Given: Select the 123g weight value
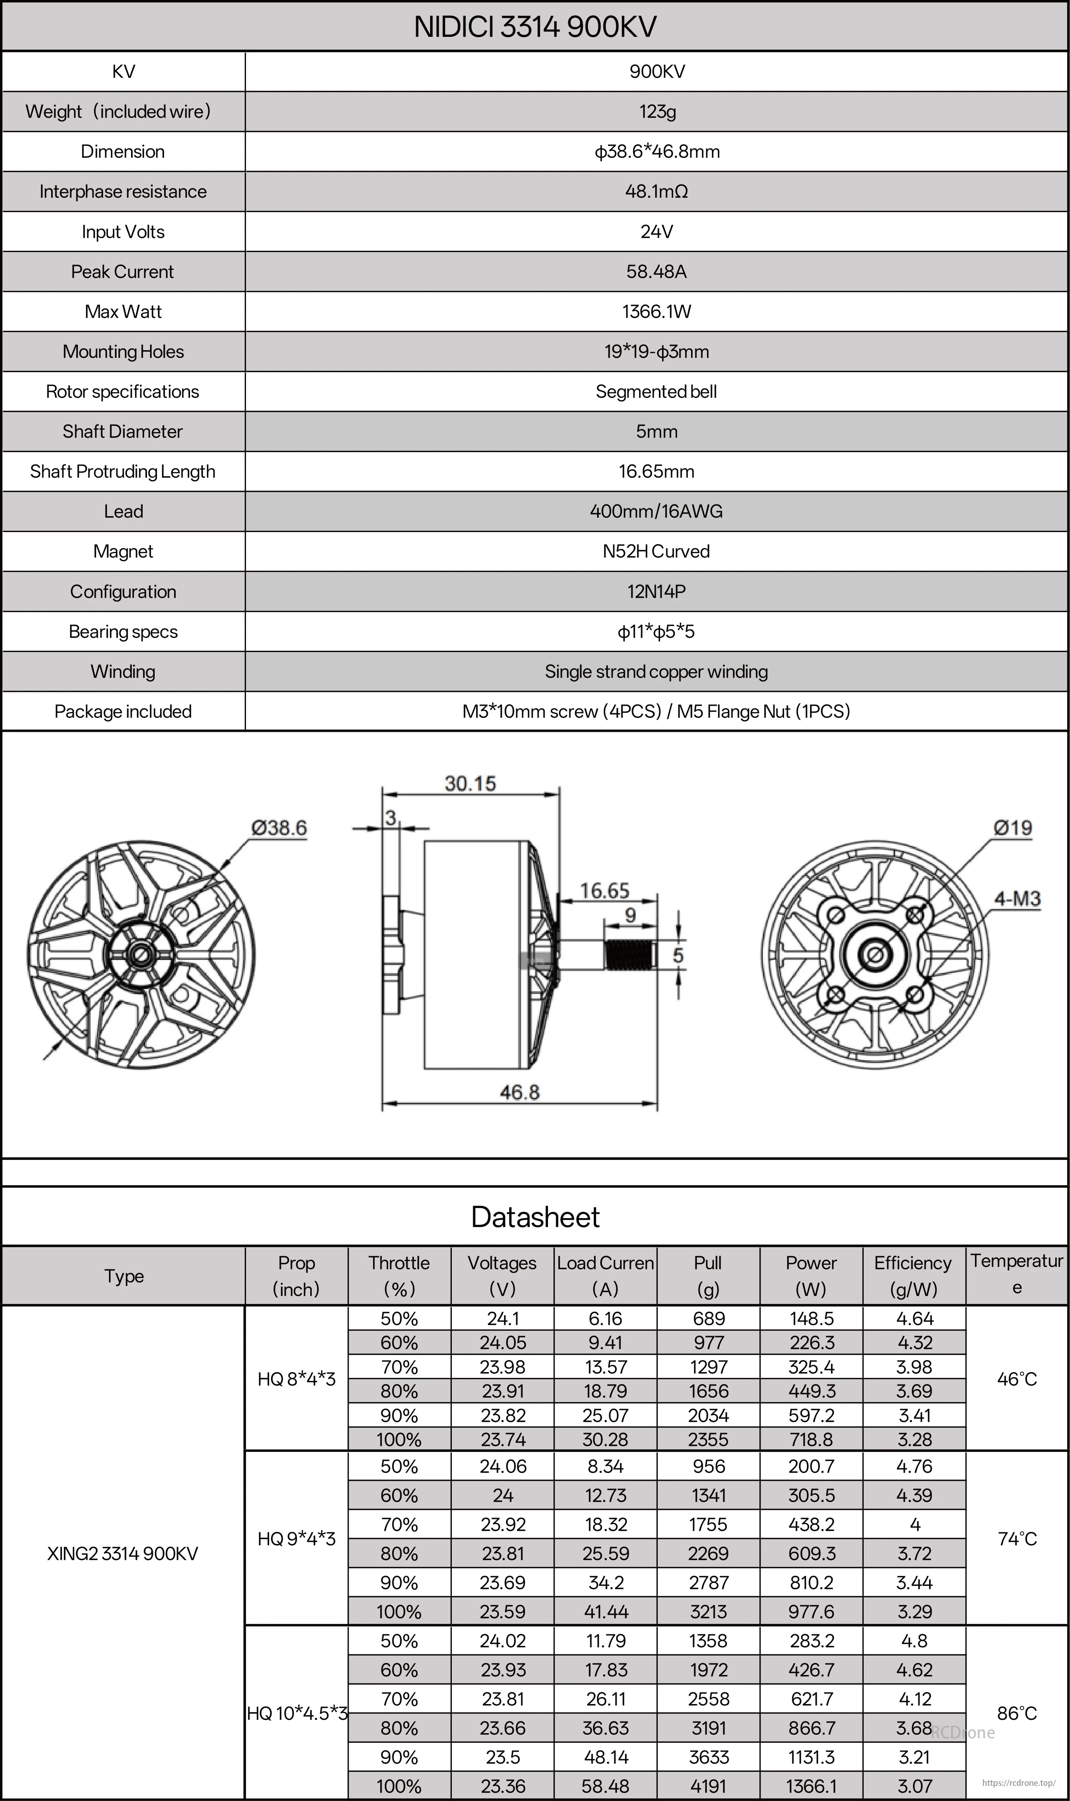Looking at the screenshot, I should pyautogui.click(x=656, y=112).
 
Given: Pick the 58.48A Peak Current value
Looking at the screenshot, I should pyautogui.click(x=656, y=272).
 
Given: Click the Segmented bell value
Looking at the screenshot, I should pyautogui.click(x=656, y=391).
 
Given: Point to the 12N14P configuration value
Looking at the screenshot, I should pyautogui.click(x=656, y=592).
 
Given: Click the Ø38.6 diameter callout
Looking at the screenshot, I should pyautogui.click(x=279, y=828).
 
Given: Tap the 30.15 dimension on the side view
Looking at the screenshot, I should pyautogui.click(x=470, y=784).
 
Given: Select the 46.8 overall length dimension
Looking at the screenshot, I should pyautogui.click(x=519, y=1092).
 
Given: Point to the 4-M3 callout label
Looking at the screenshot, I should pyautogui.click(x=1017, y=899).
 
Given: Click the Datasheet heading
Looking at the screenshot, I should pyautogui.click(x=535, y=1217).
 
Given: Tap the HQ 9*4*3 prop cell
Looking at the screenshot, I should pyautogui.click(x=296, y=1539).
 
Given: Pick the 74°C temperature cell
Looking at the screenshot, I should pyautogui.click(x=1016, y=1539).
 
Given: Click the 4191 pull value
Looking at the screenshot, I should pyautogui.click(x=708, y=1787).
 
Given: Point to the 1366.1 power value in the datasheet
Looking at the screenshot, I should pyautogui.click(x=811, y=1787).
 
